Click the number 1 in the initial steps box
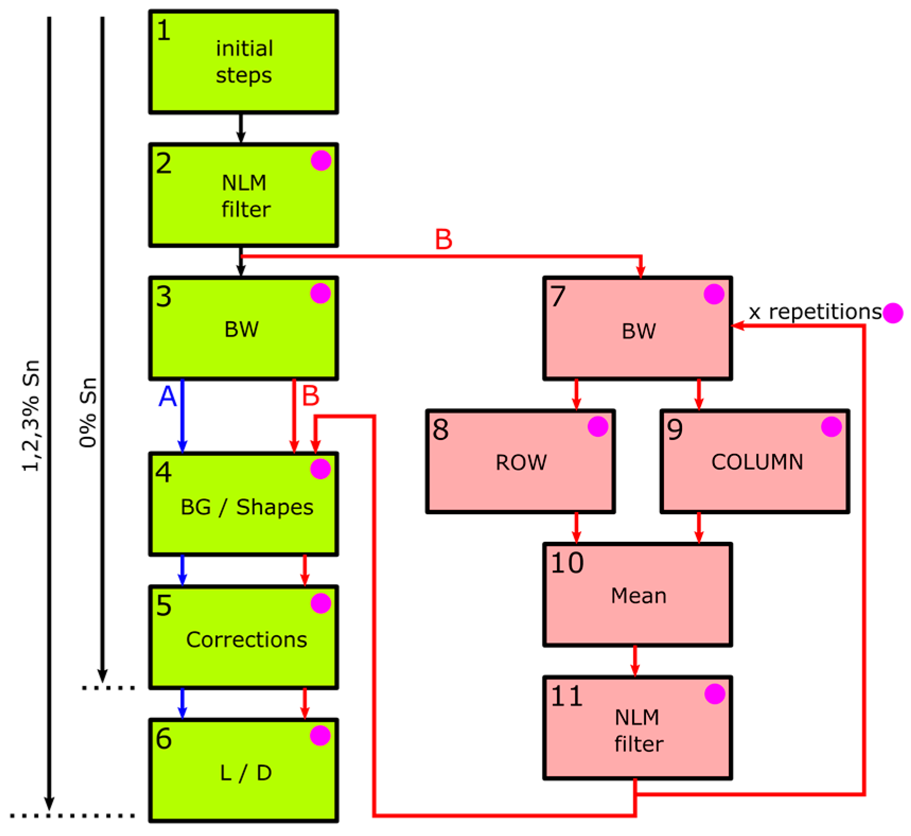pos(164,30)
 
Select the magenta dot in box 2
pos(321,160)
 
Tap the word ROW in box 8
pos(520,462)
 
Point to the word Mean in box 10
pos(638,595)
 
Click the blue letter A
pos(167,396)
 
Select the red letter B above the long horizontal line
pos(443,239)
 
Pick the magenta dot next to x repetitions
pos(892,313)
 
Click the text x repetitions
pos(815,312)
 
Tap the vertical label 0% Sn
pos(88,412)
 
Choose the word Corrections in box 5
pos(246,639)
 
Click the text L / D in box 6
pos(245,773)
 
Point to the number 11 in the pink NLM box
pos(567,696)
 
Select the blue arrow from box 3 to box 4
pos(182,416)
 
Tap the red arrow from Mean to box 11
pos(635,661)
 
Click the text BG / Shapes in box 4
pos(246,507)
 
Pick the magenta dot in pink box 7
pos(714,294)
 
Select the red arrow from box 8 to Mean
pos(577,528)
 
